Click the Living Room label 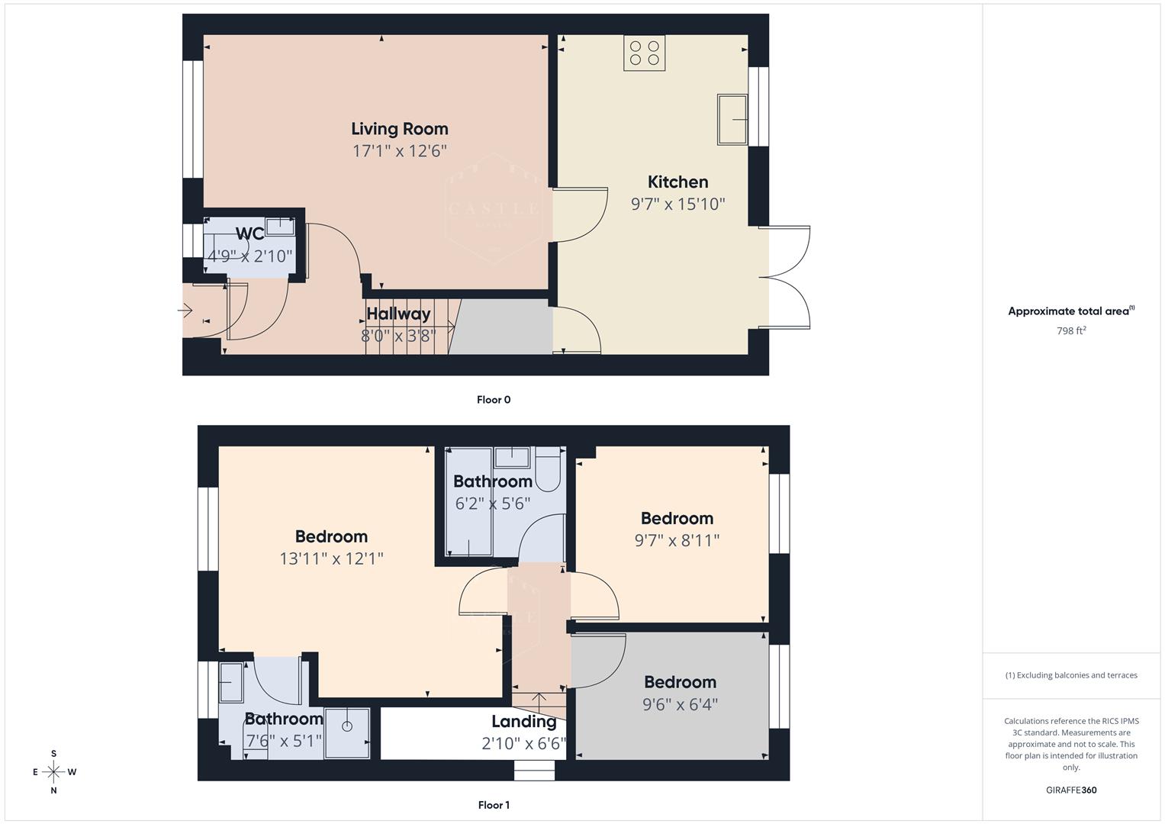click(x=399, y=129)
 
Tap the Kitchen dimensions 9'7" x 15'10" click(x=677, y=204)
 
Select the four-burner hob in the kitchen click(x=644, y=53)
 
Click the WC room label click(x=249, y=233)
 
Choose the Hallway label click(x=398, y=314)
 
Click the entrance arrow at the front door click(x=185, y=310)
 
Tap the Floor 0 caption click(x=494, y=400)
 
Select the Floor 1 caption click(x=494, y=805)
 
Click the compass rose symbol click(x=53, y=772)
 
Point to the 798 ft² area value click(x=1071, y=331)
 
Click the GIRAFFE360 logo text click(x=1071, y=790)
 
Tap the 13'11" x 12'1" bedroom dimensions click(x=331, y=558)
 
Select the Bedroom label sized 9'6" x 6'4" click(x=680, y=682)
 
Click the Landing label click(x=523, y=722)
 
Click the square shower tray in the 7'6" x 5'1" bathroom click(x=347, y=733)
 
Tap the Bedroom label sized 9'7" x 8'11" click(x=677, y=519)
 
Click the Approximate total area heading click(x=1071, y=311)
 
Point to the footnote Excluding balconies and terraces click(x=1071, y=675)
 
